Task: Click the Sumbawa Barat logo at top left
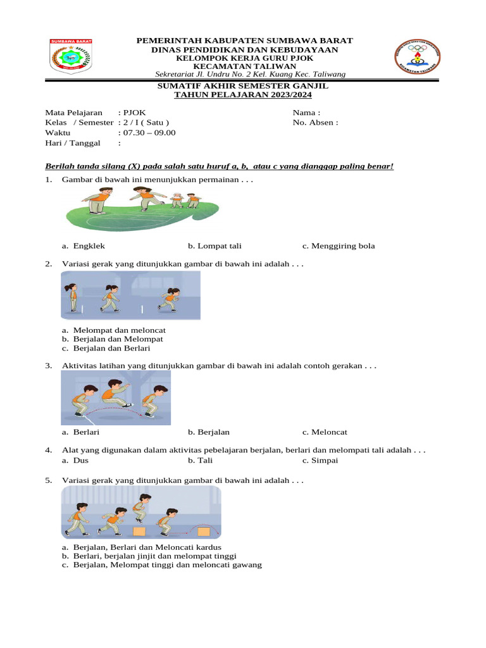[71, 57]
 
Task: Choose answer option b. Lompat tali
[215, 246]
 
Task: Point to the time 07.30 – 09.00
[149, 133]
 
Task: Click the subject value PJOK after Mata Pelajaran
[134, 113]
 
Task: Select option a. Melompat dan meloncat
[114, 330]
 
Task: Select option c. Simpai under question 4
[320, 461]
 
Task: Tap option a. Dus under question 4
[75, 461]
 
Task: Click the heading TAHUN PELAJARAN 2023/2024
[243, 94]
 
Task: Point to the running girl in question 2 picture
[170, 299]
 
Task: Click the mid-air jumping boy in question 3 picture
[115, 392]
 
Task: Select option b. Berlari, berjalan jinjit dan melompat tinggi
[149, 556]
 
